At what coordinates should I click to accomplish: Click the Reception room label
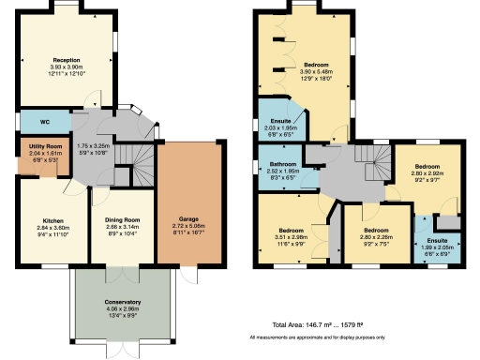pos(66,58)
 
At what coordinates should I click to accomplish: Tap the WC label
pos(43,122)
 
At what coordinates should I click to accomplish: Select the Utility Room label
pos(43,148)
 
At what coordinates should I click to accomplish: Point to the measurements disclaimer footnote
pos(317,337)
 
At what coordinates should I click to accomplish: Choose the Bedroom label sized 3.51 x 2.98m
pos(290,230)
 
